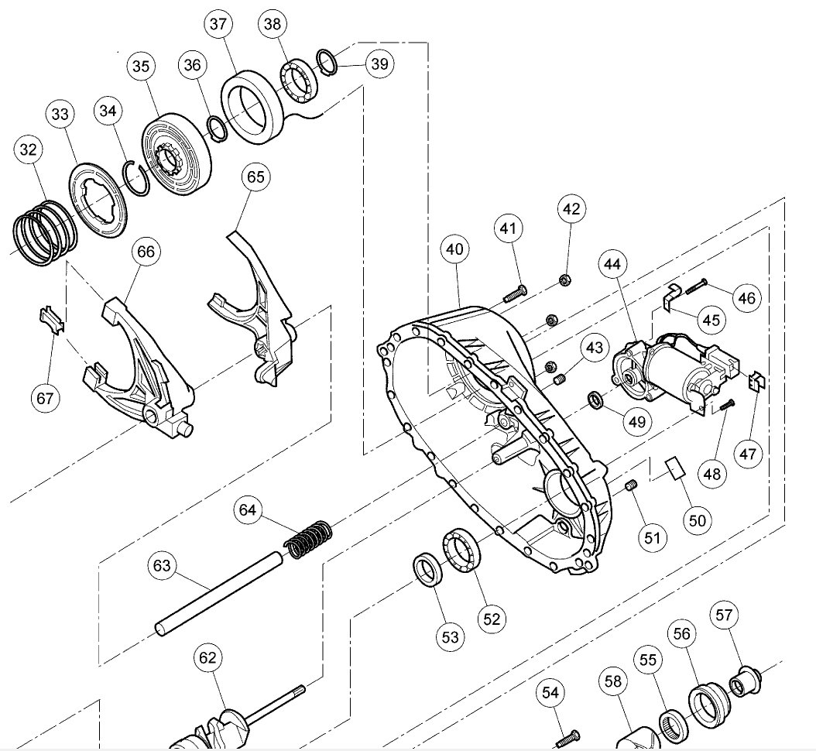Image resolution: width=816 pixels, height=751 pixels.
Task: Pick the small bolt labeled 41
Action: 514,293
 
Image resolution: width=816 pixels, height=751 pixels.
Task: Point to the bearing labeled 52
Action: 461,551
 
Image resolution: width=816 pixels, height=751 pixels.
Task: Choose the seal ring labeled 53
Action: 427,571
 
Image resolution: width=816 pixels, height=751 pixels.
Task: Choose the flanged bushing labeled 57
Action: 746,679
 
